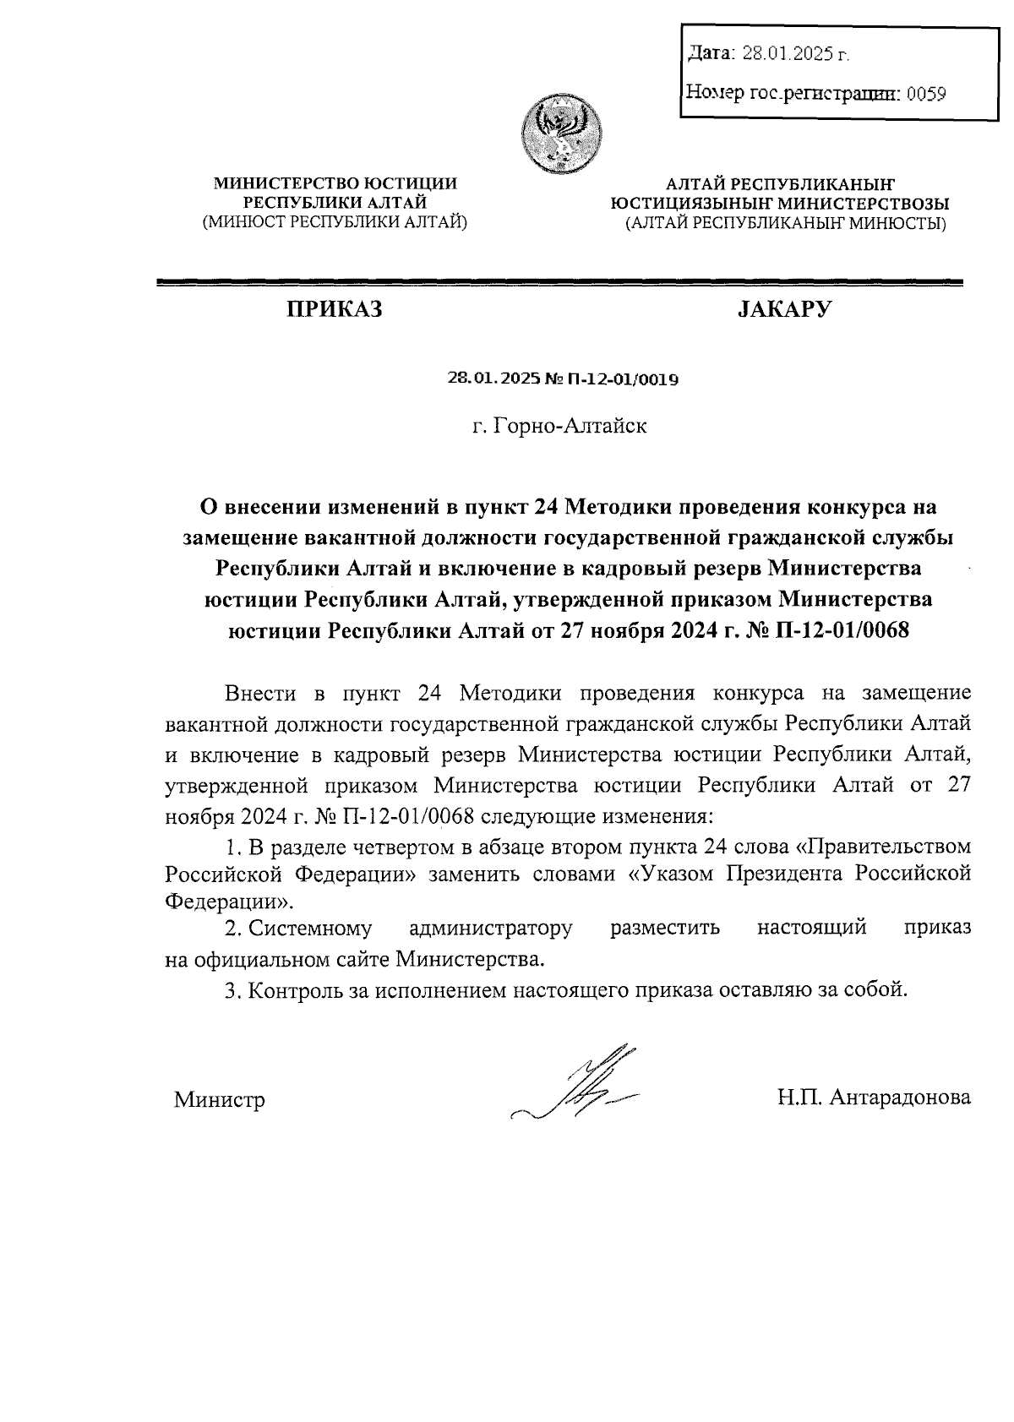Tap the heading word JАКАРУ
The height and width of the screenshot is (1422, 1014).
(x=784, y=310)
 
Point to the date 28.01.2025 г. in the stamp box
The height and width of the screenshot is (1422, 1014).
(x=794, y=55)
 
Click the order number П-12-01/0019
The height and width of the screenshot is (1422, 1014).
(x=626, y=379)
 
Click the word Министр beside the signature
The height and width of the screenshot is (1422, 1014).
(x=220, y=1100)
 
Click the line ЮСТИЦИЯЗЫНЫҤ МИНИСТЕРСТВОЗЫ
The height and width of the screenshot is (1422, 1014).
(x=780, y=204)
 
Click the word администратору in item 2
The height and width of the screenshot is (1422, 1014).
(x=490, y=928)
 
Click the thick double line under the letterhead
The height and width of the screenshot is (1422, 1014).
(x=559, y=284)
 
